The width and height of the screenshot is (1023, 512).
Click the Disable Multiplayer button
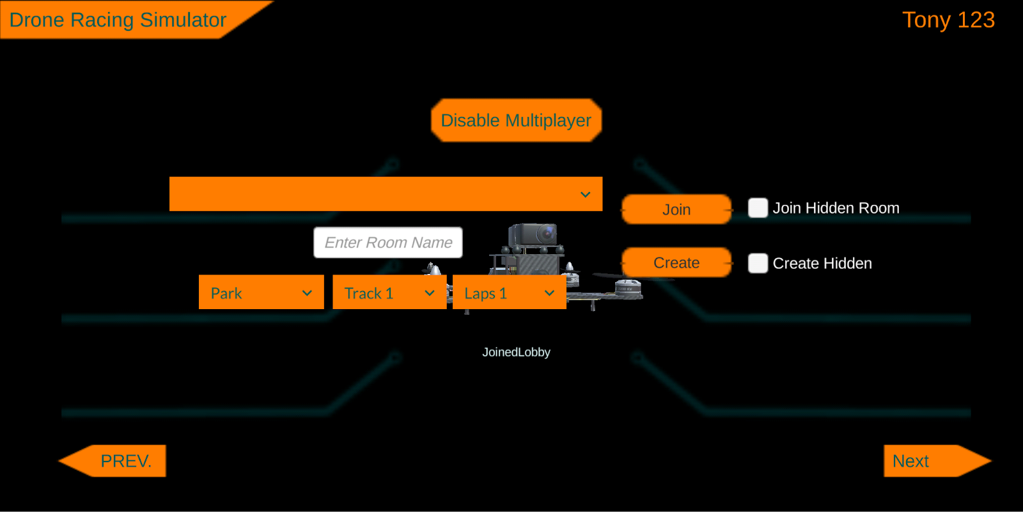(x=516, y=120)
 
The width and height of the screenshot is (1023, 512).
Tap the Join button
(x=676, y=209)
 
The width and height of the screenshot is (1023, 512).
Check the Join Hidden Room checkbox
(x=758, y=208)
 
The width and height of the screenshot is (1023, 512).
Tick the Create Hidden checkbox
(x=758, y=263)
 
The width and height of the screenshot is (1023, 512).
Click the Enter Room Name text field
(x=388, y=243)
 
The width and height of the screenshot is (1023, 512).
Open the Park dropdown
(x=261, y=292)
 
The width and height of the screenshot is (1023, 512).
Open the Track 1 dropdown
(x=389, y=292)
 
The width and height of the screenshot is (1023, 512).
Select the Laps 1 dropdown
(x=509, y=292)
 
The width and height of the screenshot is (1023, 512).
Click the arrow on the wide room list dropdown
(x=585, y=195)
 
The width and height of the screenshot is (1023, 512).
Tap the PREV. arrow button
(x=115, y=461)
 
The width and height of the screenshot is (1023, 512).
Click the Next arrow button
(x=933, y=461)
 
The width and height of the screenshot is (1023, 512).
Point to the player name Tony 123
(x=948, y=20)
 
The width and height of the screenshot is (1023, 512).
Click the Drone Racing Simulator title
(x=118, y=20)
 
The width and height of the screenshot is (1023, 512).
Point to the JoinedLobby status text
(x=516, y=352)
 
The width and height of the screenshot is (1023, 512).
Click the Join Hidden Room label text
(x=836, y=208)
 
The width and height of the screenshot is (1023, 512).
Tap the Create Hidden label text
(x=822, y=263)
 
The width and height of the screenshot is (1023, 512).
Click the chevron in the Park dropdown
(x=307, y=293)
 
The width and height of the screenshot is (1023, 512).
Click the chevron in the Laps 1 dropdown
(x=549, y=293)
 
